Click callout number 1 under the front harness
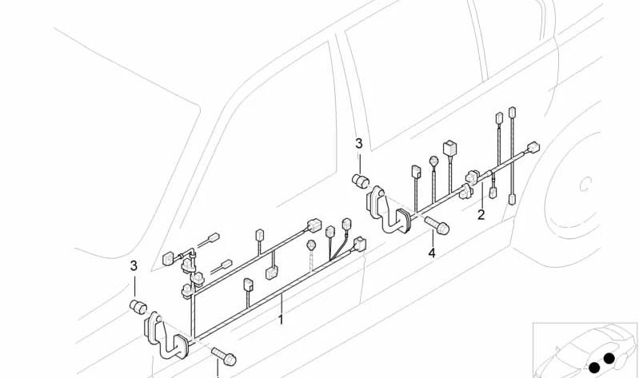tap(281, 320)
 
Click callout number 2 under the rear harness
tap(481, 214)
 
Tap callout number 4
tap(432, 253)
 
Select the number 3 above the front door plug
tap(134, 265)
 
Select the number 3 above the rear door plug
tap(358, 144)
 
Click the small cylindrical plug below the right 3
tap(360, 179)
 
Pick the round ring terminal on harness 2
tap(434, 161)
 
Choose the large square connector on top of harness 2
tap(449, 147)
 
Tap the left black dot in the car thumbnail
tap(593, 367)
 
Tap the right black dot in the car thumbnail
tap(609, 357)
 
